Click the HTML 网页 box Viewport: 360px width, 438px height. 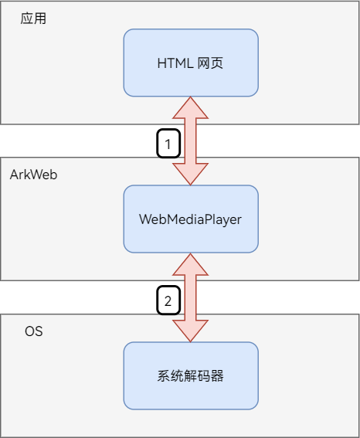pyautogui.click(x=191, y=63)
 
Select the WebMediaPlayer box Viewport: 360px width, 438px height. pyautogui.click(x=191, y=219)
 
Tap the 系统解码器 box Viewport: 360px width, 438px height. pyautogui.click(x=191, y=375)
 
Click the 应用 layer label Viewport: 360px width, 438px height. pyautogui.click(x=34, y=19)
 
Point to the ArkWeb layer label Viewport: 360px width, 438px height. pyautogui.click(x=33, y=175)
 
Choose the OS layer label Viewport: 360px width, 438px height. pyautogui.click(x=34, y=331)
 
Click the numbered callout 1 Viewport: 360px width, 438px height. pyautogui.click(x=168, y=144)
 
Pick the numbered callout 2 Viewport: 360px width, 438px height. pyautogui.click(x=168, y=300)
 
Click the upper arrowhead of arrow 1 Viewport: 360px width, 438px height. pyautogui.click(x=191, y=107)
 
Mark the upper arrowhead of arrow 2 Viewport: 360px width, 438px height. pyautogui.click(x=191, y=263)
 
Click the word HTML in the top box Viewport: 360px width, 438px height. pyautogui.click(x=173, y=63)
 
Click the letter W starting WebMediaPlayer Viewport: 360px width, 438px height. pyautogui.click(x=144, y=219)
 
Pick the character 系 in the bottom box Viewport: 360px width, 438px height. pyautogui.click(x=164, y=376)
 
